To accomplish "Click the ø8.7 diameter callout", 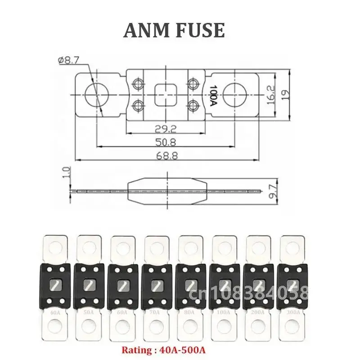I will click(69, 60).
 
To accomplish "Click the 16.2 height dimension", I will click(270, 96).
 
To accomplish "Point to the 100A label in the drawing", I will click(213, 95).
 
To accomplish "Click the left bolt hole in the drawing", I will click(96, 95).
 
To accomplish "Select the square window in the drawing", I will click(165, 95).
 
